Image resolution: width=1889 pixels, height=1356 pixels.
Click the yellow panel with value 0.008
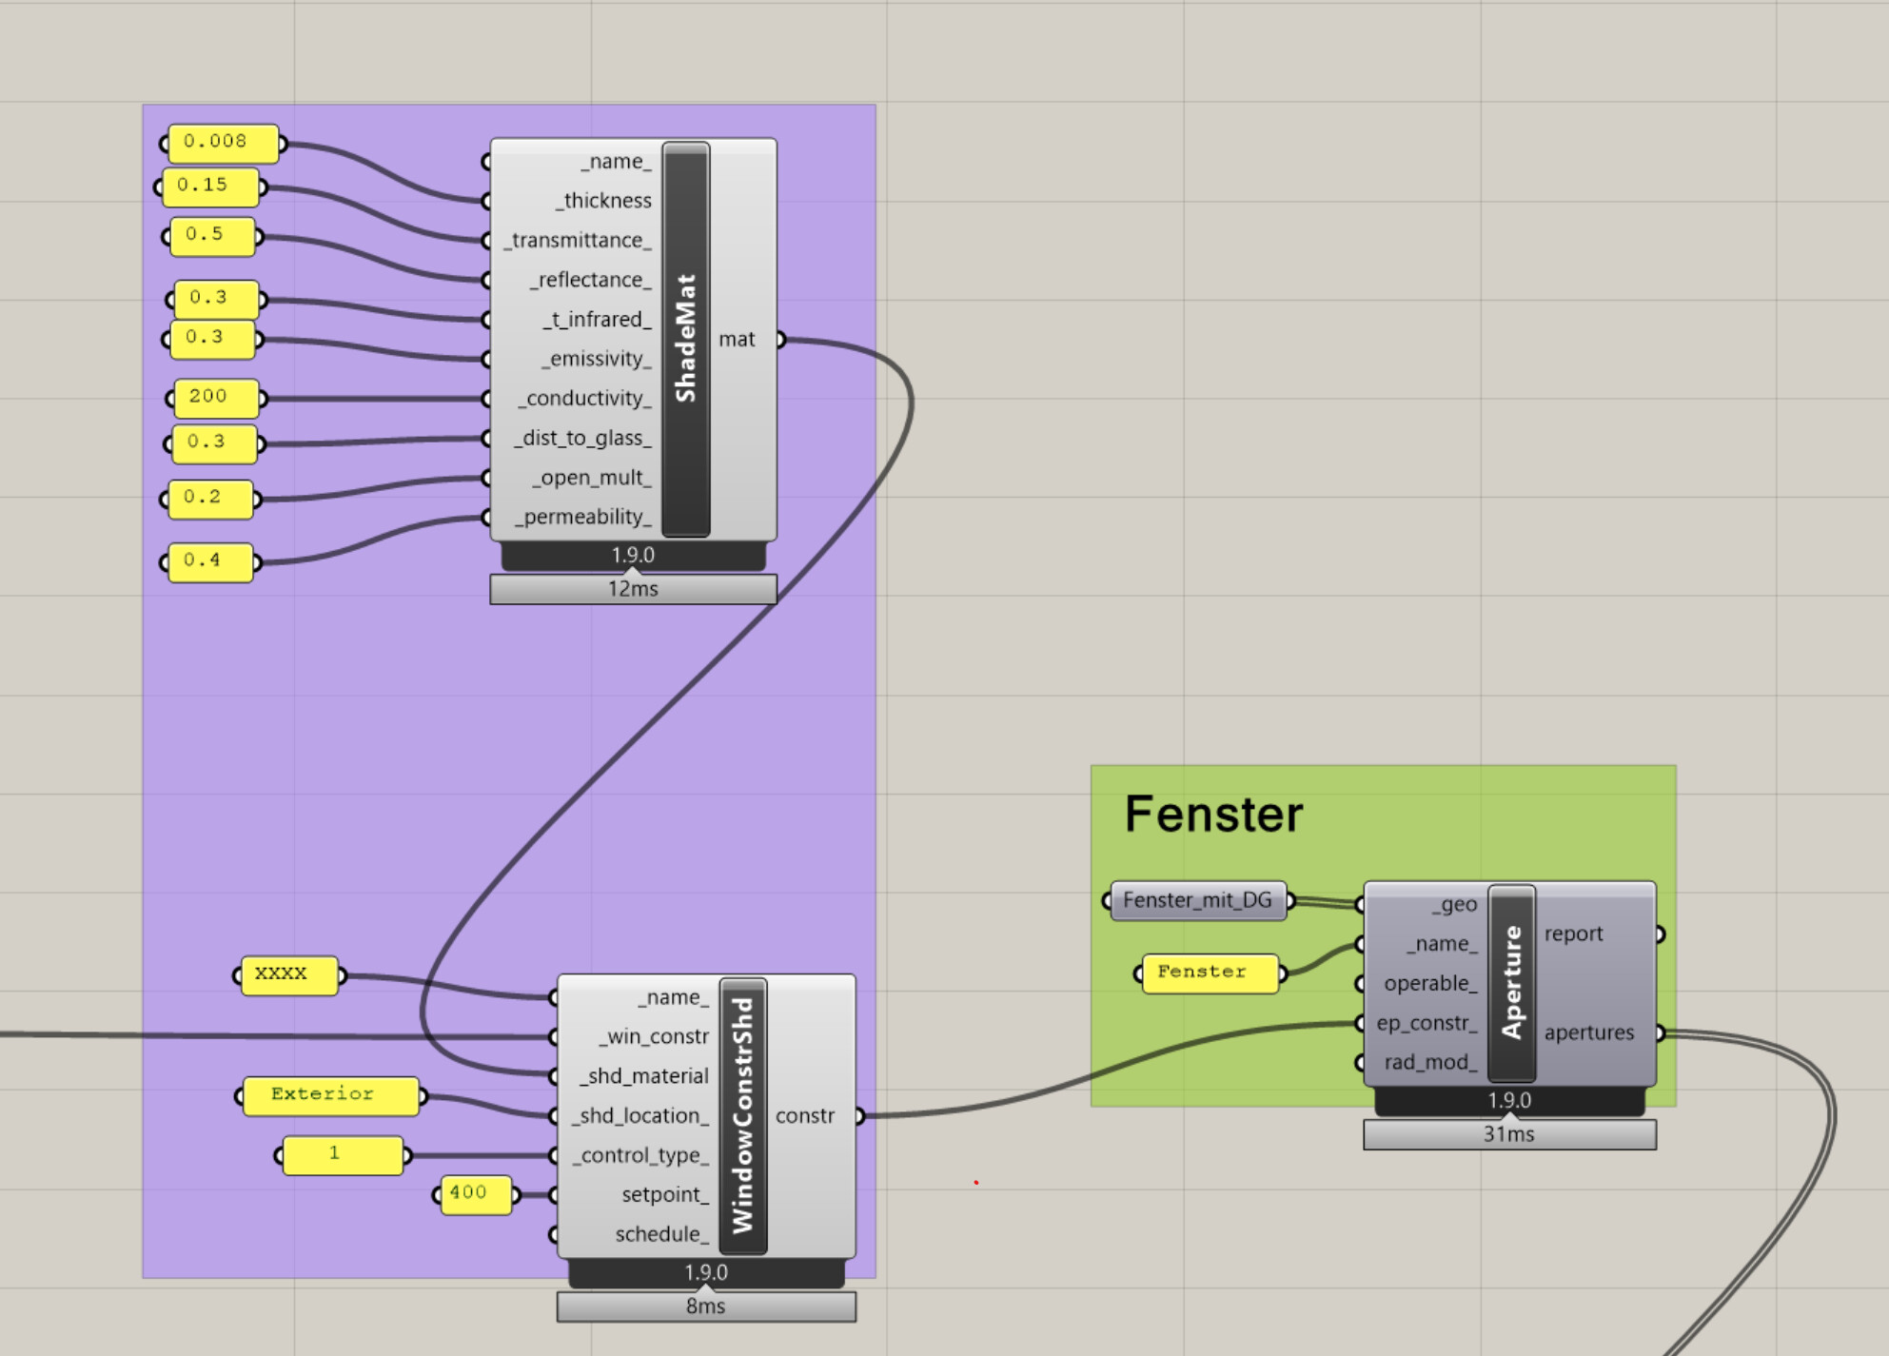click(x=223, y=143)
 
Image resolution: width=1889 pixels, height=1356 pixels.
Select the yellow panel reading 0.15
click(x=209, y=187)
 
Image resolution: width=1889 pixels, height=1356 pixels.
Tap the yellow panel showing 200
click(x=215, y=398)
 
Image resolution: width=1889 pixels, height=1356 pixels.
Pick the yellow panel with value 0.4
click(x=209, y=561)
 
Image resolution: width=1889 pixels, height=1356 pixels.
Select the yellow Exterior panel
click(x=329, y=1095)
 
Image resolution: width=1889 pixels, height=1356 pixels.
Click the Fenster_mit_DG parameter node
click(x=1197, y=900)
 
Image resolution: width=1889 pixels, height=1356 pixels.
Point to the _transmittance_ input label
click(x=579, y=241)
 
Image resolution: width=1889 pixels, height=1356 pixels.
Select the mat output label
click(x=737, y=340)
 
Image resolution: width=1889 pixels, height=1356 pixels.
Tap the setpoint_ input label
click(x=664, y=1195)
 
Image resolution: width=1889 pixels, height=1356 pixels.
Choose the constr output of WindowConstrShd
click(x=804, y=1116)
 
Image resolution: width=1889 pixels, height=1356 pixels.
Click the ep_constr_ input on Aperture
click(x=1426, y=1024)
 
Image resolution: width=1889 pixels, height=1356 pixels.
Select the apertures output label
click(x=1588, y=1033)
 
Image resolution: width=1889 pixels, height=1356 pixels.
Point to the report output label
click(x=1573, y=934)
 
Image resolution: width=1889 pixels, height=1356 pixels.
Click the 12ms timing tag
click(x=633, y=590)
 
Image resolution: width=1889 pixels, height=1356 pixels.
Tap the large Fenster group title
click(x=1213, y=815)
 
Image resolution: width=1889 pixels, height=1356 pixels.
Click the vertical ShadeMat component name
click(x=686, y=339)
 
